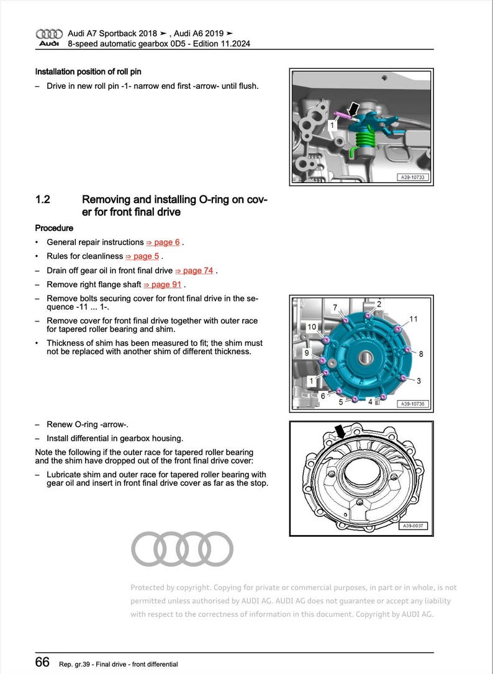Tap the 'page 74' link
click(198, 270)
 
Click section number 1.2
click(43, 200)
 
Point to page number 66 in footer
click(42, 662)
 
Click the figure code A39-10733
click(413, 177)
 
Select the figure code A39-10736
click(412, 404)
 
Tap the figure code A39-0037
click(413, 527)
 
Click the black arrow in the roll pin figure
click(353, 110)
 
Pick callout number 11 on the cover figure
click(414, 319)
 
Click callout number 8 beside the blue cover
click(420, 354)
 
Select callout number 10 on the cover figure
click(312, 326)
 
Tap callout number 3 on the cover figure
click(418, 380)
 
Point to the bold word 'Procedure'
click(54, 228)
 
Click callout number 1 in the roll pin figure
click(332, 125)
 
